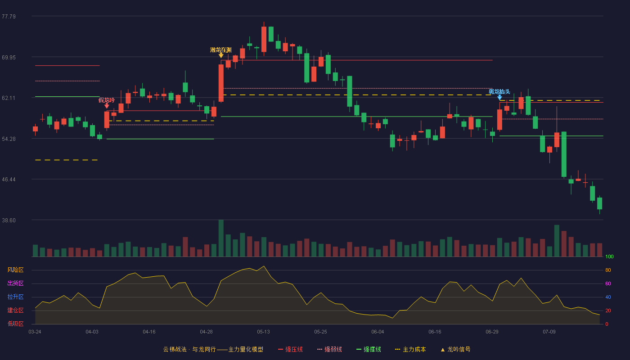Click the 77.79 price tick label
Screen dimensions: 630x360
[x=9, y=17]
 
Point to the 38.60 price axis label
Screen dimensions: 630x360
[x=9, y=220]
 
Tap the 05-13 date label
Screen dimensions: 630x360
[x=263, y=332]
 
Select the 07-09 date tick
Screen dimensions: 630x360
[x=549, y=332]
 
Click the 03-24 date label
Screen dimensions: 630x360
[x=35, y=332]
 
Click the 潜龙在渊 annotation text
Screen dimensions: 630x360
[x=221, y=50]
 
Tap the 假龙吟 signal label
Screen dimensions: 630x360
[x=107, y=100]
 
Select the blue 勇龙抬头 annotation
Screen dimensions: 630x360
[x=499, y=92]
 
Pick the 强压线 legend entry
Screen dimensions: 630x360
[x=290, y=349]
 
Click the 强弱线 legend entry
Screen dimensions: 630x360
[x=329, y=349]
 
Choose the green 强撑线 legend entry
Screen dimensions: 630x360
[x=369, y=349]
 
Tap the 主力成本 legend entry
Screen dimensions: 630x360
[x=410, y=349]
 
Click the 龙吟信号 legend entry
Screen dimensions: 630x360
[x=455, y=349]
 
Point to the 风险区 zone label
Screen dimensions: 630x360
[x=15, y=270]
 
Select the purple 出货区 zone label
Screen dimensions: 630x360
[x=15, y=283]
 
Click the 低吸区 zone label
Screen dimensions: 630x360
[x=15, y=324]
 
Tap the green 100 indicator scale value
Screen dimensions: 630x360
[x=609, y=256]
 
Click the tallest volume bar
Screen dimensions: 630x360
[x=221, y=238]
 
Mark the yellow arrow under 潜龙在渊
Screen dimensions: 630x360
[x=221, y=55]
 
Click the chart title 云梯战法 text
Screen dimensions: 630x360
[x=175, y=349]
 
